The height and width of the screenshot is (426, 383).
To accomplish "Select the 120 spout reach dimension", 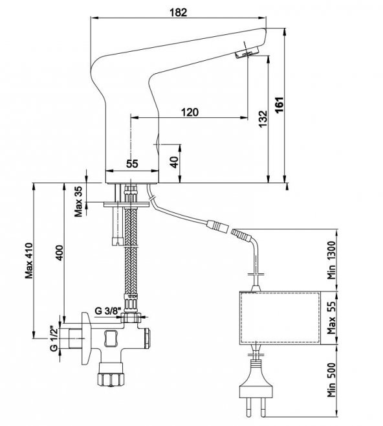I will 189,112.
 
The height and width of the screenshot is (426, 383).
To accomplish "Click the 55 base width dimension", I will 132,164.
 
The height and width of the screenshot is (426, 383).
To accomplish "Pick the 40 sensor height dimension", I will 175,161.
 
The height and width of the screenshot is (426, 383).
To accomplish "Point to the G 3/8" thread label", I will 108,309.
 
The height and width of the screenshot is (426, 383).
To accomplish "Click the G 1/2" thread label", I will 54,338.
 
